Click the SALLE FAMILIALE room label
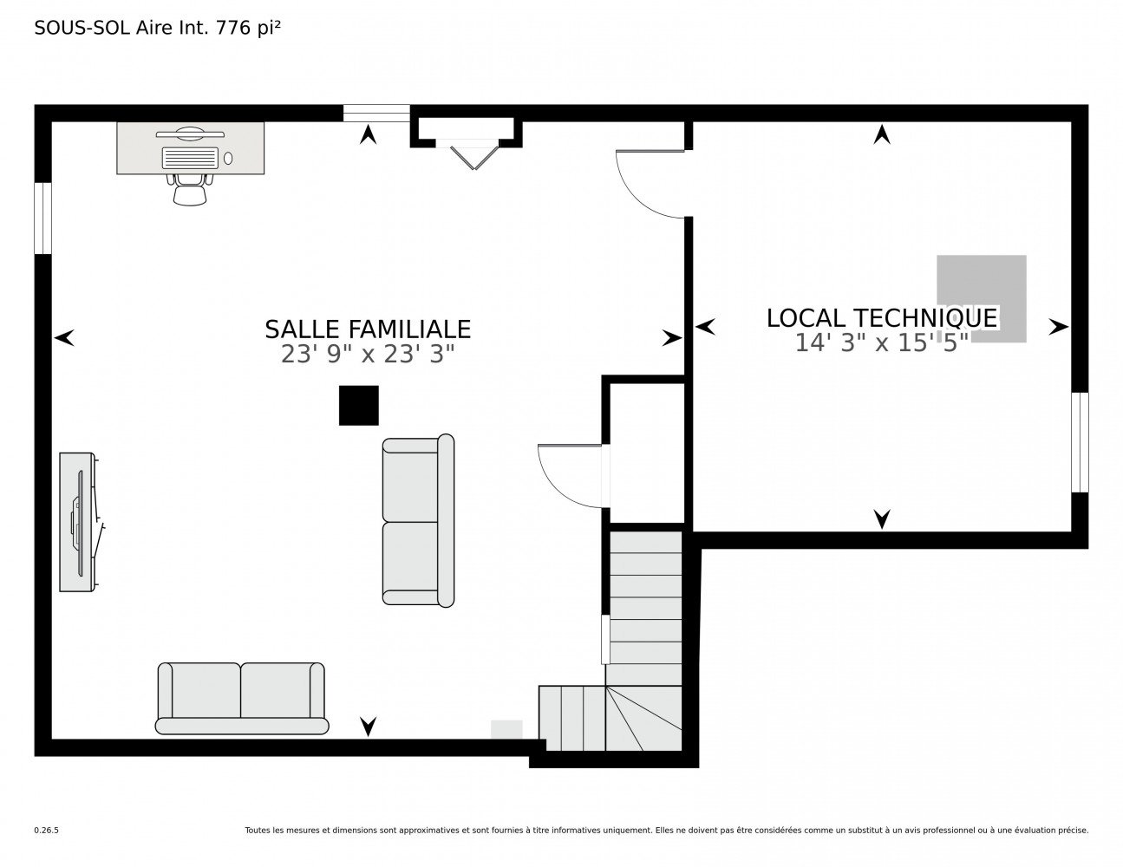click(x=368, y=329)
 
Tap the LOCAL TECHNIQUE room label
click(x=881, y=318)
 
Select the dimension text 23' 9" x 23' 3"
click(x=368, y=355)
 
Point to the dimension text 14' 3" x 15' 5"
click(x=881, y=342)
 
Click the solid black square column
click(x=359, y=406)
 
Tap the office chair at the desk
click(x=190, y=190)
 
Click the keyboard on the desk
click(x=190, y=158)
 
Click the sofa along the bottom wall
click(x=242, y=698)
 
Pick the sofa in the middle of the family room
click(x=419, y=520)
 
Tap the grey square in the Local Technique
click(x=982, y=298)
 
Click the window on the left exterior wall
click(x=42, y=218)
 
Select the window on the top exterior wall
click(x=376, y=114)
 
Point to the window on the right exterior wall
click(x=1080, y=442)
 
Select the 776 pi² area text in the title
click(x=249, y=28)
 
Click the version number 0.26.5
click(x=47, y=831)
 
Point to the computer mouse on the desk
click(x=228, y=159)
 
